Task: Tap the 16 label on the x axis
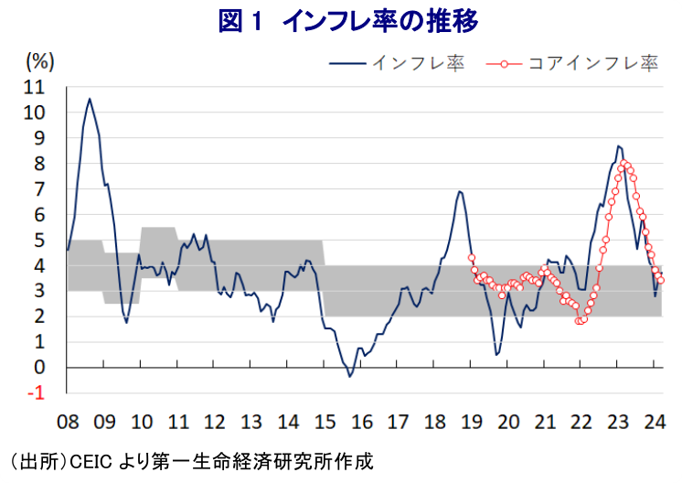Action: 361,423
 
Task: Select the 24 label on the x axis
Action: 655,423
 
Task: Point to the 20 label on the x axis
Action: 508,423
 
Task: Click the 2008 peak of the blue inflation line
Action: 89,99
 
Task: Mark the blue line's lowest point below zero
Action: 349,376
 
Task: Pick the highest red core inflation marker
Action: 624,164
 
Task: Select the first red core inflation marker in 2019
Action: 472,258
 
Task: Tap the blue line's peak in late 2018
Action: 460,191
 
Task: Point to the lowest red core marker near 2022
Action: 580,321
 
